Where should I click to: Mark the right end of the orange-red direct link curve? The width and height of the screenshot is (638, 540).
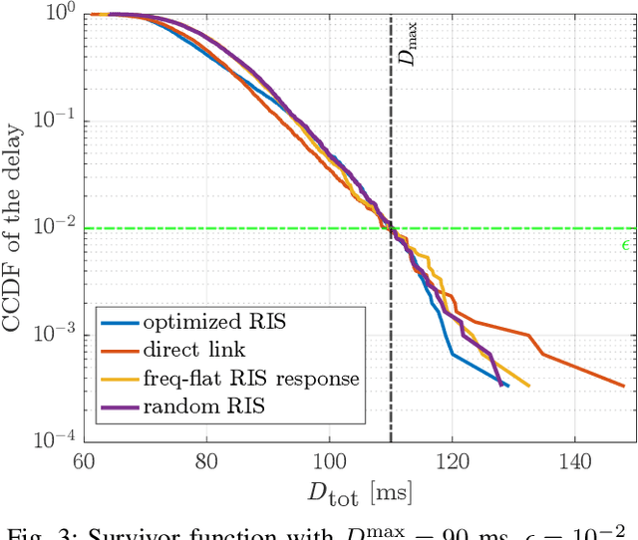coord(623,386)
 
